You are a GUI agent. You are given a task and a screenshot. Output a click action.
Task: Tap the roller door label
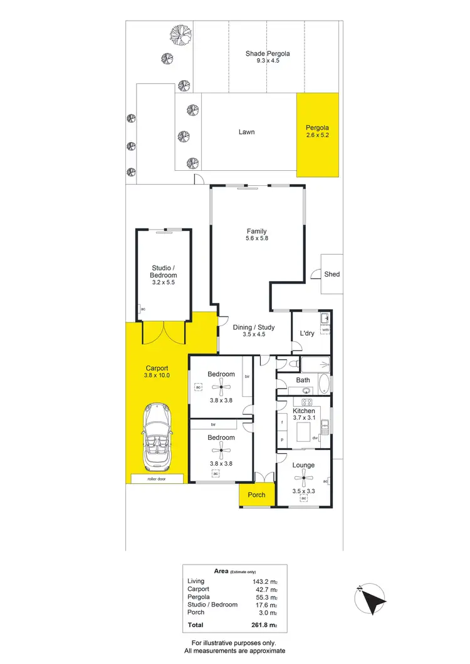pos(157,479)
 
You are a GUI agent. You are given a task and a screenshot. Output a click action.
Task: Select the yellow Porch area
pos(257,494)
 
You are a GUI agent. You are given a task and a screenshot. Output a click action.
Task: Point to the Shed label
pos(332,274)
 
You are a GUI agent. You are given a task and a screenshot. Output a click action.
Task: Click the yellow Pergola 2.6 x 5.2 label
pos(317,131)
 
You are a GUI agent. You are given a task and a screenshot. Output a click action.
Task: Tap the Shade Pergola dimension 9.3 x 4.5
pos(267,61)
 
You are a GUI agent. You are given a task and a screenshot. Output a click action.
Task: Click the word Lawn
pos(246,132)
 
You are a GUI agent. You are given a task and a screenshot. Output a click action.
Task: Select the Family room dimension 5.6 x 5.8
pos(257,238)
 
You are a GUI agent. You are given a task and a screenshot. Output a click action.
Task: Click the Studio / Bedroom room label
pos(164,272)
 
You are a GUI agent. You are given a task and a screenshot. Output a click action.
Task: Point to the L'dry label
pos(307,334)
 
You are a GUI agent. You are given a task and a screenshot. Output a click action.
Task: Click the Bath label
pos(303,380)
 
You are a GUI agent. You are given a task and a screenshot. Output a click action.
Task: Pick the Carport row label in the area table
pos(198,589)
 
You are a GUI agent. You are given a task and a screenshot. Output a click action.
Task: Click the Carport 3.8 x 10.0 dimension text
pos(157,375)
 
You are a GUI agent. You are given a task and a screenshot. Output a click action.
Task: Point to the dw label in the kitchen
pos(316,437)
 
